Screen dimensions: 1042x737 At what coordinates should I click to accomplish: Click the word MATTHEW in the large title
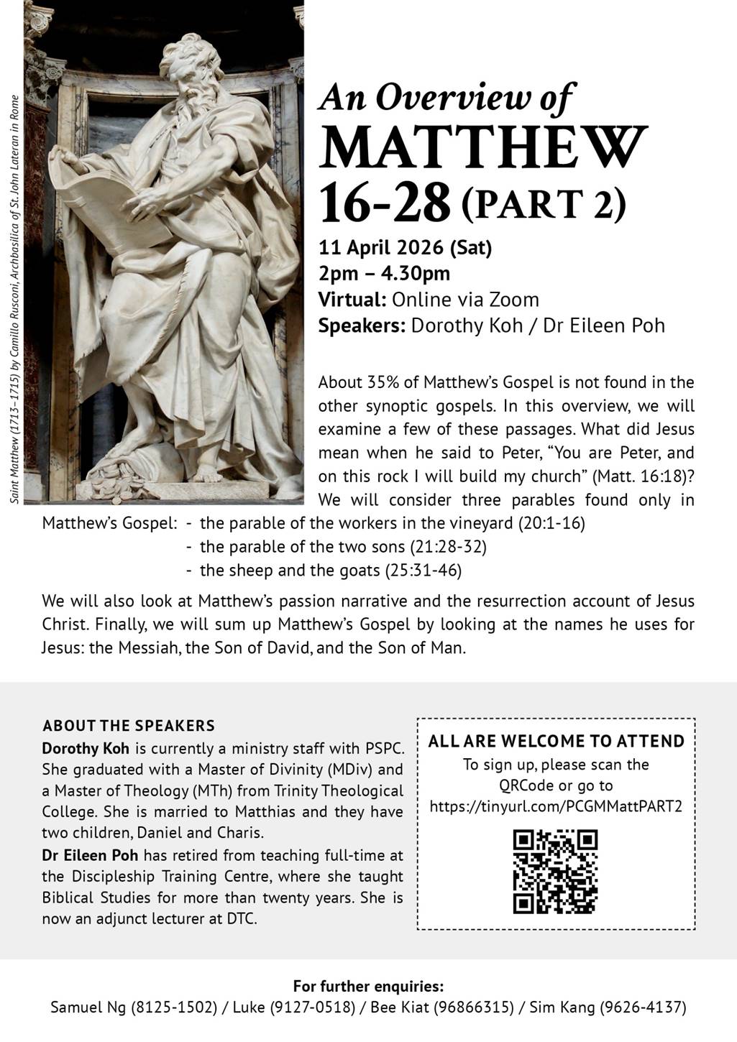[x=483, y=147]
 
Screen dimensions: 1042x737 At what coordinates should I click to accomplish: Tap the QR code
[x=555, y=872]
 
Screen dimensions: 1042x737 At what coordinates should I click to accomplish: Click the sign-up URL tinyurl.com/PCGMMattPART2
[x=556, y=806]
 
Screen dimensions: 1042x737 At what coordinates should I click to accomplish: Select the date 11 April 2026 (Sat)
[x=406, y=248]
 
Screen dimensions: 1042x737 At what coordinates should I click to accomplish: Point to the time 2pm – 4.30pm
[x=385, y=274]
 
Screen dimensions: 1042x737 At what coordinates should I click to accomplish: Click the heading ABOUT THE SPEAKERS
[x=129, y=726]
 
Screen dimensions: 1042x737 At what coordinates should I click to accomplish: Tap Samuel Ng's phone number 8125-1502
[x=174, y=1008]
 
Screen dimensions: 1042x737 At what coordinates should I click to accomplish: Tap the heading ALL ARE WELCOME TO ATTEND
[x=556, y=742]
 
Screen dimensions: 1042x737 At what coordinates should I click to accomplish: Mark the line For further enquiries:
[x=368, y=986]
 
